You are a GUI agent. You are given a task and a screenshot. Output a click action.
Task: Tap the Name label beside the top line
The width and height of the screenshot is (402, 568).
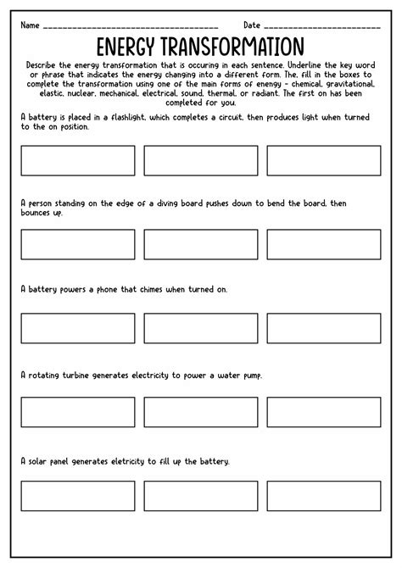31,25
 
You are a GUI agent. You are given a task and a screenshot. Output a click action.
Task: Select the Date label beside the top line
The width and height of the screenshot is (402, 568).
253,25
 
